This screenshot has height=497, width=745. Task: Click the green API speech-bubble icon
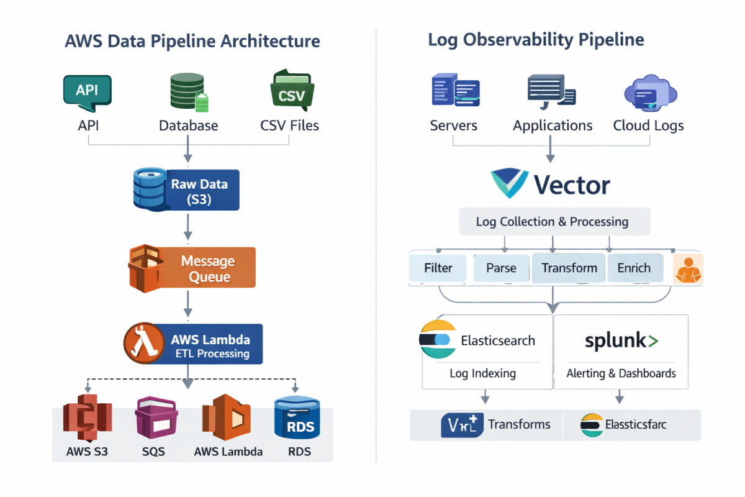pos(88,91)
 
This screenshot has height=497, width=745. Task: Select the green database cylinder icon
pos(188,93)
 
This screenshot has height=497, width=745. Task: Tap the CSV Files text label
pos(289,125)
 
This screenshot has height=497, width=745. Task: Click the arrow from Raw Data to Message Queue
pos(188,228)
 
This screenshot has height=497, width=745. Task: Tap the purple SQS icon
pos(155,417)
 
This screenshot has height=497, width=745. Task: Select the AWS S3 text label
pos(87,452)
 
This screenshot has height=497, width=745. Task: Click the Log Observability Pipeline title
pos(536,40)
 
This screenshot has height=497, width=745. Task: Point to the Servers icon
pos(455,91)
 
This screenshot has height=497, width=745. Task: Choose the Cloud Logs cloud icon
pos(649,93)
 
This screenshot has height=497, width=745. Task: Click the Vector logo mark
pos(510,183)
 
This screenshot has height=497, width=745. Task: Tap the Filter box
pos(438,268)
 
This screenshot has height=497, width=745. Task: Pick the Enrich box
pos(634,268)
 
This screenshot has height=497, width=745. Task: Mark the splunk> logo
pos(621,340)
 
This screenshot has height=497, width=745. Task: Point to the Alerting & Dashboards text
pos(621,373)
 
